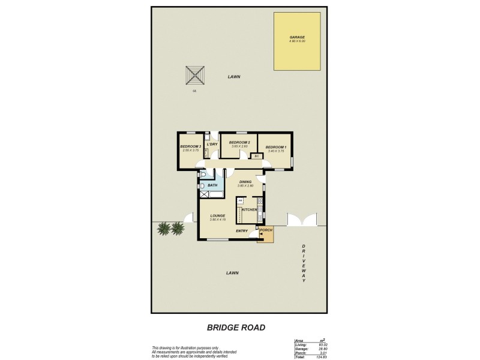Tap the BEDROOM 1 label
(x=275, y=147)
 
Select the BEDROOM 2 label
(x=239, y=142)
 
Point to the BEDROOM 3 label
(x=190, y=146)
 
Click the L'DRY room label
(x=211, y=145)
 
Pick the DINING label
(x=245, y=182)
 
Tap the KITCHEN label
(x=250, y=209)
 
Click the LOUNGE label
(x=218, y=215)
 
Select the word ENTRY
(x=242, y=232)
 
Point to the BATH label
(x=212, y=185)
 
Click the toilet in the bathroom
(x=204, y=175)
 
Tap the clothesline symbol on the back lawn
(x=194, y=76)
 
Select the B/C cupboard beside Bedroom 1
(x=256, y=157)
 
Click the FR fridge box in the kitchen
(x=239, y=200)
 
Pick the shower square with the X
(x=204, y=194)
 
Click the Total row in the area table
(x=310, y=357)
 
